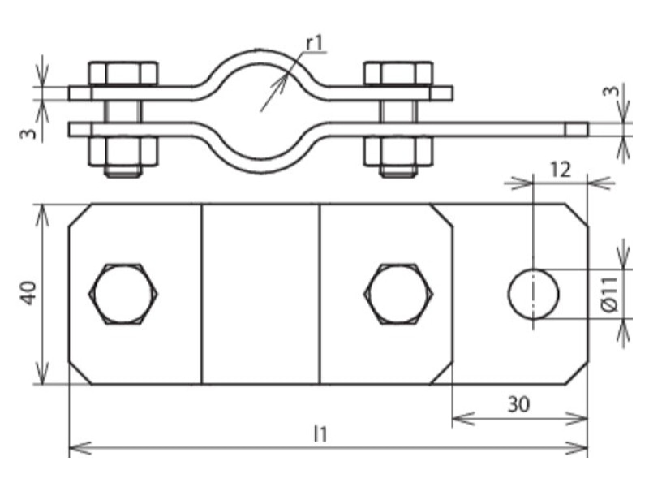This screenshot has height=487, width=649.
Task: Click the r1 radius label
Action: [x=314, y=43]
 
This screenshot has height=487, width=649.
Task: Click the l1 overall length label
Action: [x=320, y=434]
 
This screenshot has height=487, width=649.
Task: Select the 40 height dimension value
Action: [x=29, y=293]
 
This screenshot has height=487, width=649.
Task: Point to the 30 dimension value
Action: [x=518, y=404]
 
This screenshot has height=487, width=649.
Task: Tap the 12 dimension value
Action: [x=561, y=170]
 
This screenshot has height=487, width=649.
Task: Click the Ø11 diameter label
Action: [x=610, y=294]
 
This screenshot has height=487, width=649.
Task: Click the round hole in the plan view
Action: [x=534, y=294]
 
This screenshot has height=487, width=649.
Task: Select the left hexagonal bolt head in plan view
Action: [x=123, y=294]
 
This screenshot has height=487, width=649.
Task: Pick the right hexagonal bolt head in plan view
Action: [x=398, y=294]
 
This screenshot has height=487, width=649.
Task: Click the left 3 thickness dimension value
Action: [x=29, y=134]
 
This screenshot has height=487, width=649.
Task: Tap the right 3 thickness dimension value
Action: [x=611, y=91]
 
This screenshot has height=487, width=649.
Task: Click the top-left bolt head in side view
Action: [x=123, y=74]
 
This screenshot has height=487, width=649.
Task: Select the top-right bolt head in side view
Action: [x=398, y=74]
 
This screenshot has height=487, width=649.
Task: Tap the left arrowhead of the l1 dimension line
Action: [x=70, y=448]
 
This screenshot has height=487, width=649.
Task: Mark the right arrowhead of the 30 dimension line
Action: [x=587, y=419]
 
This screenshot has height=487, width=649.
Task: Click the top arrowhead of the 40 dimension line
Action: [x=41, y=205]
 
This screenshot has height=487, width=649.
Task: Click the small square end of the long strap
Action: [x=577, y=130]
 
